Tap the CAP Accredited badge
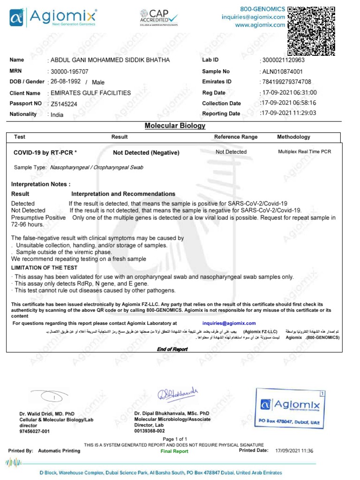(158, 19)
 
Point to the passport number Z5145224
(64, 104)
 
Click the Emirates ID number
(286, 82)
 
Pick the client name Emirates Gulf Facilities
(90, 93)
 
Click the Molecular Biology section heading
(175, 126)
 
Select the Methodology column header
(293, 137)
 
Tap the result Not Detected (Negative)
(146, 153)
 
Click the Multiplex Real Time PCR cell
(304, 152)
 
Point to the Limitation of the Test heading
(45, 267)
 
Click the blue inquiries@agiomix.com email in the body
(229, 323)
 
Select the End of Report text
(172, 349)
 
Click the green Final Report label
(174, 451)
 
